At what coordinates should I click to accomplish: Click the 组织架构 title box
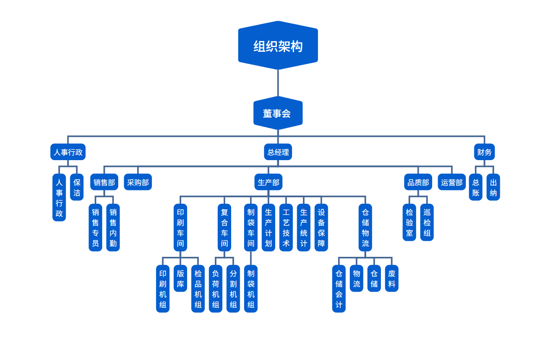278,46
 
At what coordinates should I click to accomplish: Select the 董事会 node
278,113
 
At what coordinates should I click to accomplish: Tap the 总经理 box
278,152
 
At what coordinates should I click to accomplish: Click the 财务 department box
484,152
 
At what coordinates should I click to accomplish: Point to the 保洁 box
77,187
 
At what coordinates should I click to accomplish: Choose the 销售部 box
104,182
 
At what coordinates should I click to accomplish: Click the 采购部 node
138,182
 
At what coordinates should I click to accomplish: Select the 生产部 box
268,182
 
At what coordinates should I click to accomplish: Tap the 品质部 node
418,182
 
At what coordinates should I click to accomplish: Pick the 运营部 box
452,182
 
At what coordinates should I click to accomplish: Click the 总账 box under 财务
475,187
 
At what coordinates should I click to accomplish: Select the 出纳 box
493,187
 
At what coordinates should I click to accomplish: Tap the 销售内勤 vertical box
113,227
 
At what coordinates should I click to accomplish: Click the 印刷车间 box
180,227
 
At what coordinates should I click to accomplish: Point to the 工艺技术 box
286,227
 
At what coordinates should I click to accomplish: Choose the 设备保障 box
321,227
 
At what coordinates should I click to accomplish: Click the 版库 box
180,278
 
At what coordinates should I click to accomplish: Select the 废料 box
392,278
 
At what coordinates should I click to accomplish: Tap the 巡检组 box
427,222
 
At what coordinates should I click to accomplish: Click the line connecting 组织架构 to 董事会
278,83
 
